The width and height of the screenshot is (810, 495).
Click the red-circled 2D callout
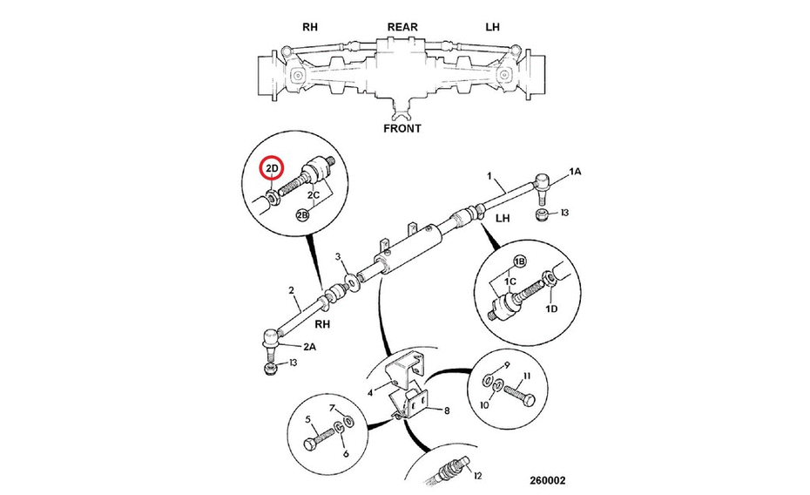coord(273,168)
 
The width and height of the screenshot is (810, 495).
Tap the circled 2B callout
coord(301,214)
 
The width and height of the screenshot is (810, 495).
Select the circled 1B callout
coord(519,261)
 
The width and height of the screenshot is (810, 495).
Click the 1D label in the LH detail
coord(551,309)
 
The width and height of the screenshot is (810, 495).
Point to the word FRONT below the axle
coord(402,129)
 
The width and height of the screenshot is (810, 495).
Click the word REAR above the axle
coord(402,27)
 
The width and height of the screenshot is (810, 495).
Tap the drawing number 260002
coord(547,480)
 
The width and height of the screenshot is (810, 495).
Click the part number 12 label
coord(477,475)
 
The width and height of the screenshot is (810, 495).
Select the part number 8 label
coord(447,410)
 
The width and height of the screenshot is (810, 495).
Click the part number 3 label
coord(338,257)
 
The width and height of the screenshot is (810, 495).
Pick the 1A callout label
coord(575,171)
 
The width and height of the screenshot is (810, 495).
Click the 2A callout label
coord(309,347)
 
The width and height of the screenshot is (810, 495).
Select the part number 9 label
coord(507,365)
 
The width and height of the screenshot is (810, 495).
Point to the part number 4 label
coord(370,393)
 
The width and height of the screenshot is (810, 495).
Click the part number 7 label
coord(333,408)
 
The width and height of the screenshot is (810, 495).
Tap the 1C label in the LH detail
coord(510,281)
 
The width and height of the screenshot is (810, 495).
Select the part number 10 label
coord(484,405)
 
